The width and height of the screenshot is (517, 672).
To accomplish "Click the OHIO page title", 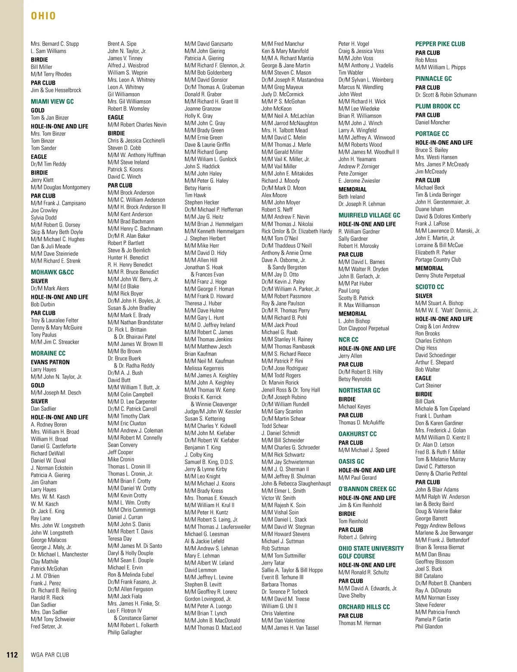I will click(x=44, y=16).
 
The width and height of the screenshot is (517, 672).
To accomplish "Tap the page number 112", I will click(x=12, y=655).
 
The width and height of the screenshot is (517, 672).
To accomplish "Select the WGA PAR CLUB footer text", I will click(x=50, y=655).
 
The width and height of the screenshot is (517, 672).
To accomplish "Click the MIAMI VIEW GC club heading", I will click(x=52, y=101).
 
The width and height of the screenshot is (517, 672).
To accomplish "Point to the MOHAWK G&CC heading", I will click(x=52, y=272).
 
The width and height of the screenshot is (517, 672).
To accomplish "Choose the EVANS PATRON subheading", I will click(x=50, y=362).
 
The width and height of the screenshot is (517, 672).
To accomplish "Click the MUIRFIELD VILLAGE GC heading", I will click(x=369, y=215).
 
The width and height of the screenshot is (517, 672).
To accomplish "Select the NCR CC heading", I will click(x=348, y=339).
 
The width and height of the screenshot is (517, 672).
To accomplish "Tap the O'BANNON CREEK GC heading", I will click(x=367, y=489).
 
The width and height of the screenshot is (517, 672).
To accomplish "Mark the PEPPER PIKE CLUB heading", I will click(x=440, y=44).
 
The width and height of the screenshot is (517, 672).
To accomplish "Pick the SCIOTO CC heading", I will click(x=430, y=287).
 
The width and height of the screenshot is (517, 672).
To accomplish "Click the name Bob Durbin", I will click(x=43, y=305).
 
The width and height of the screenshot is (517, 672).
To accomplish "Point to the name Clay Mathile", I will click(x=44, y=562).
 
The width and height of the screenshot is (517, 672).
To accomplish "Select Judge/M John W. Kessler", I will click(x=213, y=411).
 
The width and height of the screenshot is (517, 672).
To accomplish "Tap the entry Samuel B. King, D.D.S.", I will click(x=209, y=462).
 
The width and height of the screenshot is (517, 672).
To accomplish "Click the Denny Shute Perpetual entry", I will click(x=440, y=276).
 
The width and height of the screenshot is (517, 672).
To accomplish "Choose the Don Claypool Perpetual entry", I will click(x=364, y=328).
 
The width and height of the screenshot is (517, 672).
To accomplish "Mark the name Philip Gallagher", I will click(x=125, y=632).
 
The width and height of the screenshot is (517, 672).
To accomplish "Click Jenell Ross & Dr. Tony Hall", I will click(x=291, y=390).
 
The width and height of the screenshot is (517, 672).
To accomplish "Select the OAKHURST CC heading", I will click(x=358, y=434).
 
